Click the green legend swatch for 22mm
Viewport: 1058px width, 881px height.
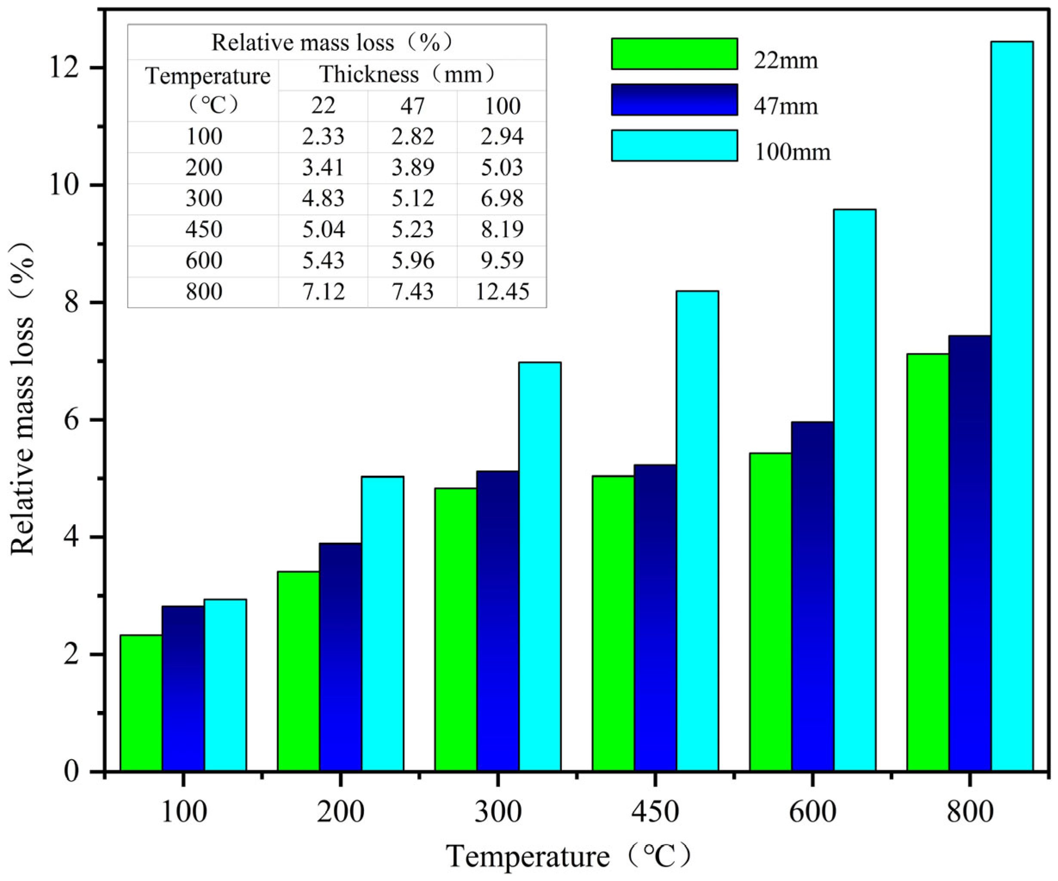coord(674,54)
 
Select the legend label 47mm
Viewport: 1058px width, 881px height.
coord(786,106)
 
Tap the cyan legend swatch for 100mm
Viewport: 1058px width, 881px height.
coord(674,145)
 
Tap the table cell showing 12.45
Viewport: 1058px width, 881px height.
coord(502,292)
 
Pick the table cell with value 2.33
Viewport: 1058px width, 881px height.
coord(323,136)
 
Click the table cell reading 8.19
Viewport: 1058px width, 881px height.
coord(502,230)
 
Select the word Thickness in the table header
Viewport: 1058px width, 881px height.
coord(369,74)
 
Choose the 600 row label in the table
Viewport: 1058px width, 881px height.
coord(204,260)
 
